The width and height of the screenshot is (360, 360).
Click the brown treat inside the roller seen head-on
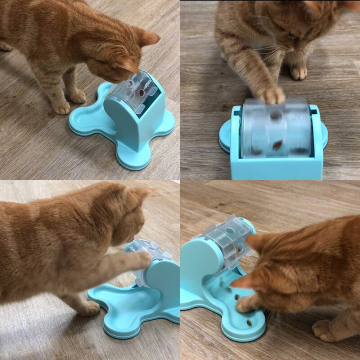click(x=277, y=145)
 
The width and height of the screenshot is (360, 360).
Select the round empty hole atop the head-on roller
click(x=276, y=116)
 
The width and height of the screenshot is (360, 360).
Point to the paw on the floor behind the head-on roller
click(x=298, y=72)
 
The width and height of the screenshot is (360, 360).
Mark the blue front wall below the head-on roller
click(x=276, y=168)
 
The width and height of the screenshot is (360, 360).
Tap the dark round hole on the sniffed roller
click(x=142, y=93)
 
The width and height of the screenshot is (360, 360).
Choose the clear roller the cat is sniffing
click(x=132, y=90)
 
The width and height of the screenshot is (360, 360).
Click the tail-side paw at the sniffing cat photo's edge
click(x=5, y=46)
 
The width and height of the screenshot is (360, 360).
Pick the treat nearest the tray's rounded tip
click(x=248, y=323)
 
